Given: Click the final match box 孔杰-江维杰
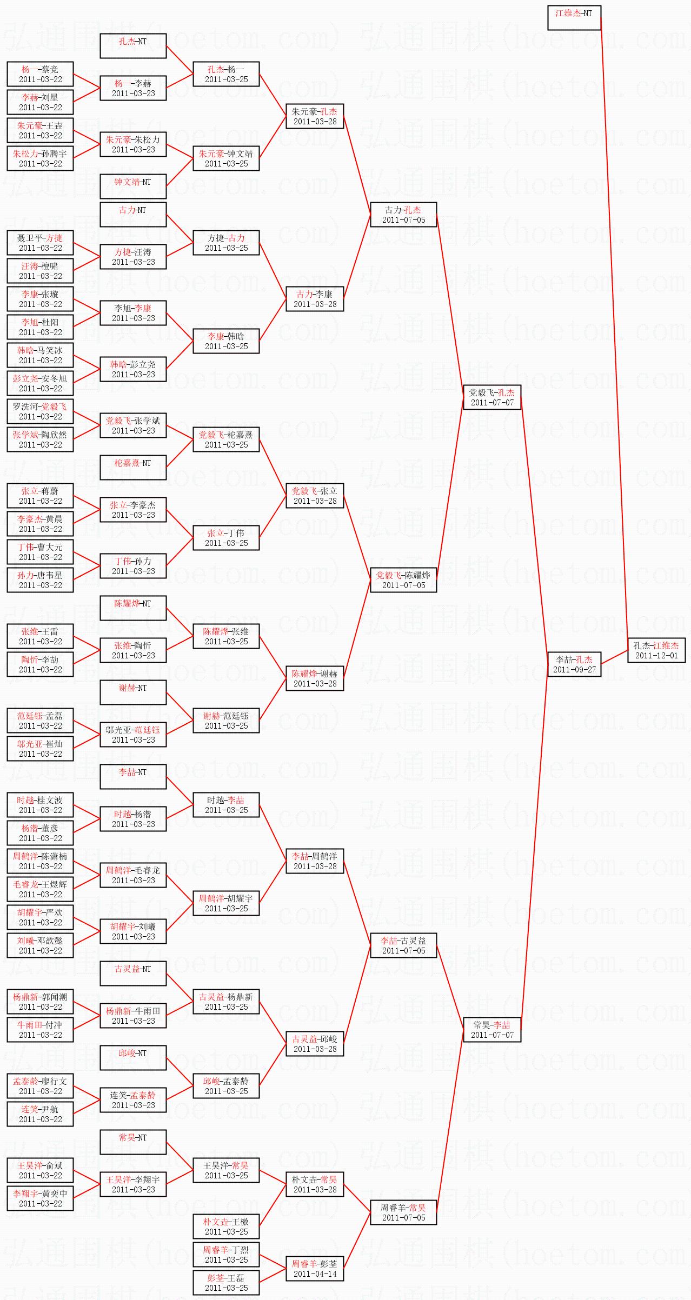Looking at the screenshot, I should [x=656, y=650].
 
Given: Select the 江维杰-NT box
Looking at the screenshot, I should [x=574, y=18].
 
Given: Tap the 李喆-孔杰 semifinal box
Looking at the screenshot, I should [x=574, y=664].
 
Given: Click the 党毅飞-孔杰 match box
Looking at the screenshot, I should [x=491, y=397].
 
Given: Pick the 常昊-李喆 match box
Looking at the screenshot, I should [x=491, y=1029].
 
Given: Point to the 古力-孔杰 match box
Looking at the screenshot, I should [x=403, y=215].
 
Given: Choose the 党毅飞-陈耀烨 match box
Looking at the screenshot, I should [x=403, y=580].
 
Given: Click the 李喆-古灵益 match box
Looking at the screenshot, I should [x=403, y=945].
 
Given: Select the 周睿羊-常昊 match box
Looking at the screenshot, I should [x=403, y=1212].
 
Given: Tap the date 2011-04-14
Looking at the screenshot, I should [x=315, y=1274].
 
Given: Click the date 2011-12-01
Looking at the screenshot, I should [x=656, y=655].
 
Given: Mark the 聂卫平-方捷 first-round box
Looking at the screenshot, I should [x=40, y=243].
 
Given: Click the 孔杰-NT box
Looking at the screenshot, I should [x=132, y=46].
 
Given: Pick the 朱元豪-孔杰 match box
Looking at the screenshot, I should [x=315, y=116].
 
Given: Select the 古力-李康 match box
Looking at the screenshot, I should [x=315, y=299].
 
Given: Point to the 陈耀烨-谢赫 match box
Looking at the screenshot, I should [x=315, y=678].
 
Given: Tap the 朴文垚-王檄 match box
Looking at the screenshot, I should [x=226, y=1226].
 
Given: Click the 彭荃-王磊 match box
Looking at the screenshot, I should [x=226, y=1283].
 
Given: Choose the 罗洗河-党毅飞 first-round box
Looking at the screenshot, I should [x=40, y=411].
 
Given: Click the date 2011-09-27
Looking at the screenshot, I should [x=574, y=669].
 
